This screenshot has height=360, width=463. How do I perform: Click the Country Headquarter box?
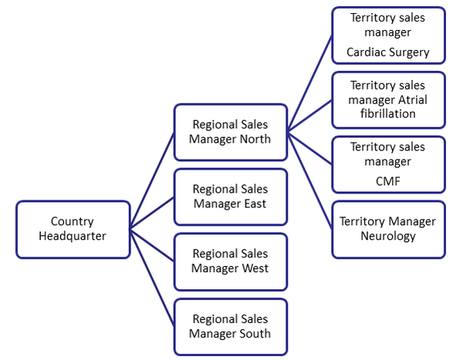(x=73, y=228)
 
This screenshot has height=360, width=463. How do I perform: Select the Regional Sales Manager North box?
(x=231, y=132)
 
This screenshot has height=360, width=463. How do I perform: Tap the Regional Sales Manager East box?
(x=231, y=197)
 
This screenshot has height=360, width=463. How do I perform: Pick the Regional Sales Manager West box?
(x=231, y=261)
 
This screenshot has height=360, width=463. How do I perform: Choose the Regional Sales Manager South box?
(x=231, y=326)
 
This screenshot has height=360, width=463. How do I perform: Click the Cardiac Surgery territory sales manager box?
(x=388, y=35)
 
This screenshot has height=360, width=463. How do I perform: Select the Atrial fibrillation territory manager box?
(x=388, y=99)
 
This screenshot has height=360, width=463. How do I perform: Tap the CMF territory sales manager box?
(x=388, y=163)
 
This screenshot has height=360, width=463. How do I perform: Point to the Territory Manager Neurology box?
(x=388, y=229)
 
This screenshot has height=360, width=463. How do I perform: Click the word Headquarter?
(x=73, y=236)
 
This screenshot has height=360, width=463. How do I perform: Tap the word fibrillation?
(x=388, y=114)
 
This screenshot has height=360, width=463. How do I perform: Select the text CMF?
(x=388, y=182)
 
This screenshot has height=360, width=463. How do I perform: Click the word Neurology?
(x=388, y=237)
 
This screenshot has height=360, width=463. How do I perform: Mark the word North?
(x=255, y=140)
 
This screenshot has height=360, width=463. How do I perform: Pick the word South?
(x=255, y=334)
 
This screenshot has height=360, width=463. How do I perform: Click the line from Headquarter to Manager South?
(x=152, y=278)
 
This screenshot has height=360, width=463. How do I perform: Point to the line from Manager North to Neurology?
(x=310, y=180)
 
